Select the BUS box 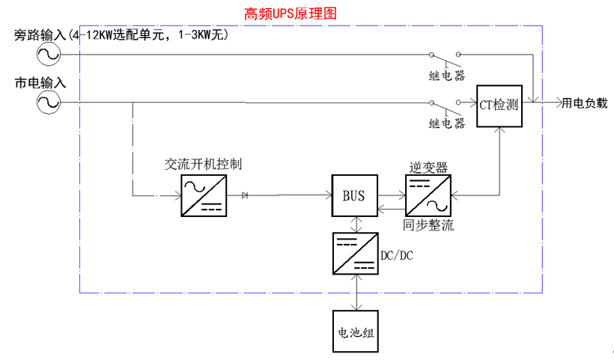[x=354, y=196]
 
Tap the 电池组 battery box [x=357, y=330]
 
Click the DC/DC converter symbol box [x=354, y=253]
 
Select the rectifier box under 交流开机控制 [x=203, y=196]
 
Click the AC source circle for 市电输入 [x=47, y=103]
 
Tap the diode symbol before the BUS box [x=246, y=196]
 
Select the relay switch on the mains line [x=445, y=103]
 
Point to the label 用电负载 [x=585, y=104]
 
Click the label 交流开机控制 [x=203, y=164]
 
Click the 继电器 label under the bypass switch [x=447, y=76]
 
